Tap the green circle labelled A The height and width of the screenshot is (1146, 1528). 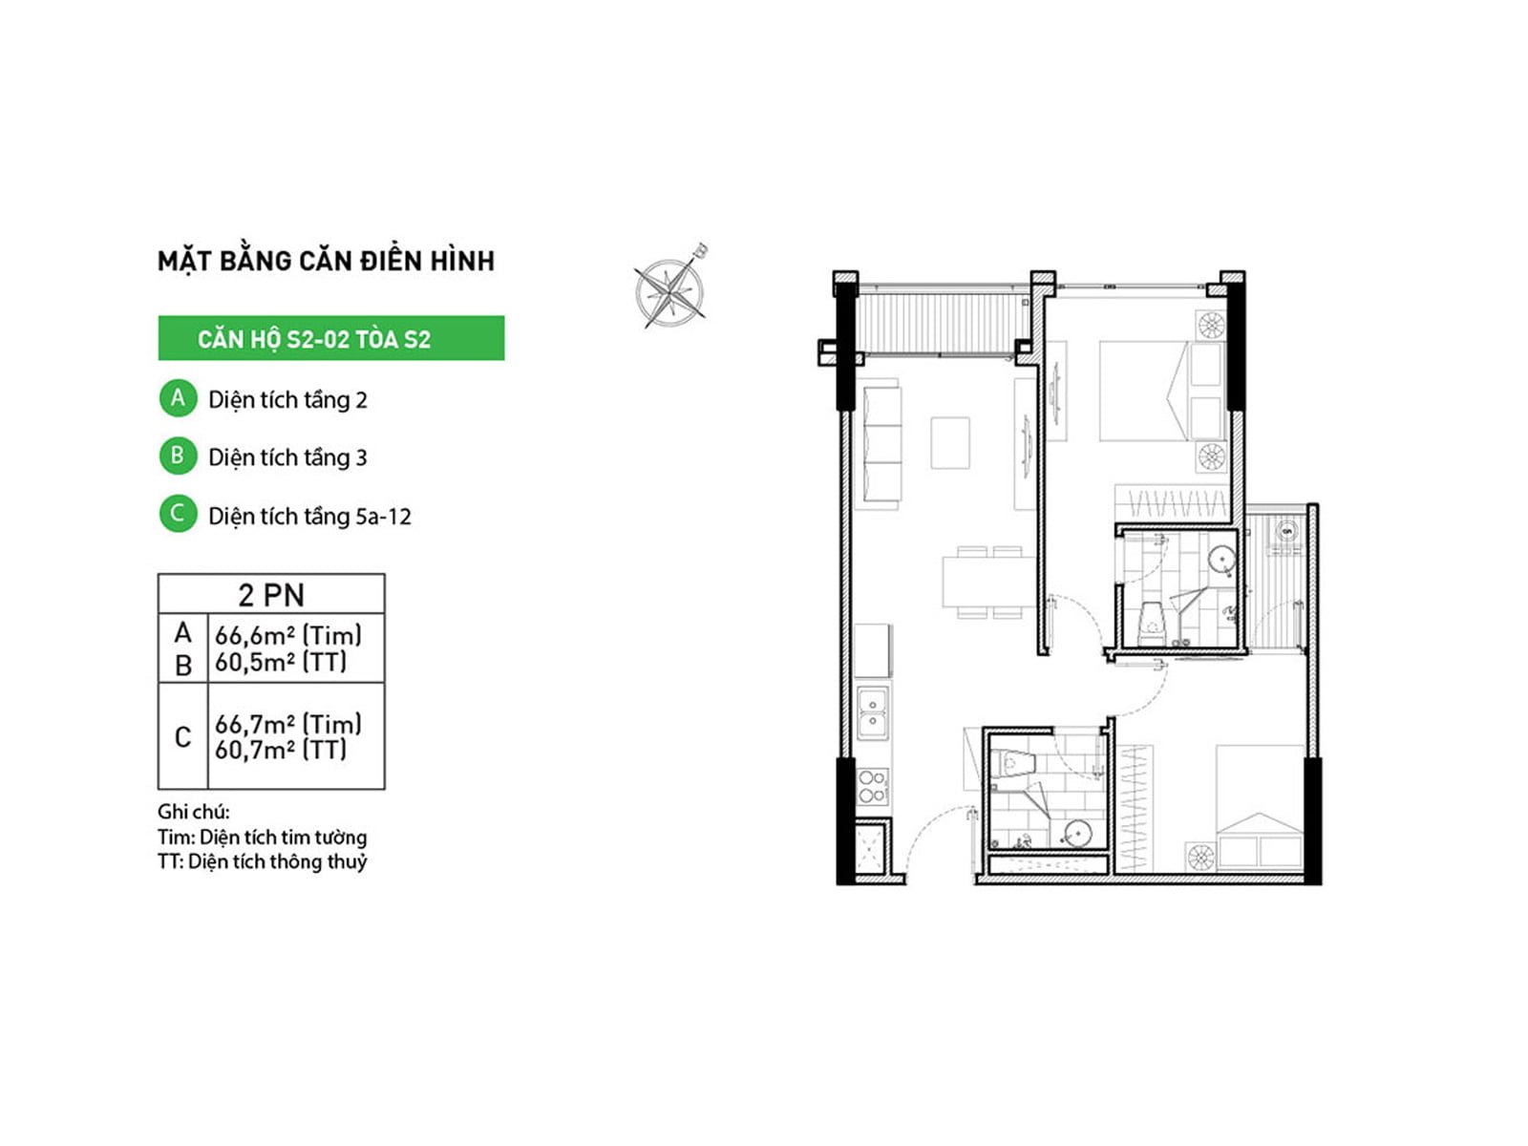pos(179,398)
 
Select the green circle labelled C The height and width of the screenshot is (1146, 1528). pos(179,514)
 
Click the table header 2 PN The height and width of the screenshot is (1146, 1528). pos(271,594)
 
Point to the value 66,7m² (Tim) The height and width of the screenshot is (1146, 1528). pos(288,724)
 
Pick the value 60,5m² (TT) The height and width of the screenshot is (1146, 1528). pos(281,662)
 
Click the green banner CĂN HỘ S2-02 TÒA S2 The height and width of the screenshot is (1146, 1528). pos(330,337)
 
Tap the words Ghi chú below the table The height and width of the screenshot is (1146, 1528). pos(193,812)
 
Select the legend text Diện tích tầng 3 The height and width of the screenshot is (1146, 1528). pos(287,457)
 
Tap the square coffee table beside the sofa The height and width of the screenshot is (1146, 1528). pos(949,442)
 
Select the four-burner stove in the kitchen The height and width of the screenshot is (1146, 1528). pos(872,786)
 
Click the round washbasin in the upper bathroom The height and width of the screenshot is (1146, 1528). pos(1220,559)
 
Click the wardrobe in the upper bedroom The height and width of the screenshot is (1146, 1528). pos(1172,502)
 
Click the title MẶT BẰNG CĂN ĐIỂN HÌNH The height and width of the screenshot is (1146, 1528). pos(326,261)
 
